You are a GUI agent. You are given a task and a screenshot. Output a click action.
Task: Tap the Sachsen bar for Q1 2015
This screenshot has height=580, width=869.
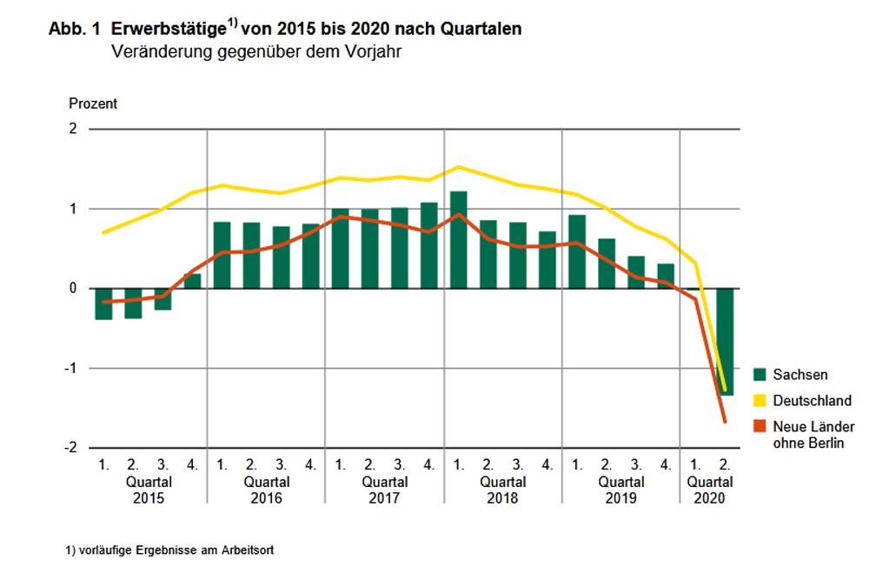click(x=104, y=303)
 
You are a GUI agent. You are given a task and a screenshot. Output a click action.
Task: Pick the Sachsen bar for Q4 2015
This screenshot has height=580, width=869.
click(x=192, y=281)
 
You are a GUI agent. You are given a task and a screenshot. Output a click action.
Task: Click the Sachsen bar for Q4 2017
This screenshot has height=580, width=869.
click(x=429, y=245)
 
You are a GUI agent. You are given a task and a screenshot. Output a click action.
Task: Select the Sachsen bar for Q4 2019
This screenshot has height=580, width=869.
click(x=666, y=276)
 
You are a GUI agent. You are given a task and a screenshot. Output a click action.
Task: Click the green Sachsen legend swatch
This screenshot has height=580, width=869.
click(x=760, y=375)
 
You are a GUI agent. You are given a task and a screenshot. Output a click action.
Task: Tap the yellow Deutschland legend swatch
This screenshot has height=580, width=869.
click(x=760, y=401)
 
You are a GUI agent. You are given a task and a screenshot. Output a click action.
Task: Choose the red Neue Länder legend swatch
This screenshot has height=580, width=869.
click(x=760, y=427)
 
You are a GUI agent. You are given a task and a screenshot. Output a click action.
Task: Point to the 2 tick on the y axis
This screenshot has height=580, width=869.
click(x=73, y=130)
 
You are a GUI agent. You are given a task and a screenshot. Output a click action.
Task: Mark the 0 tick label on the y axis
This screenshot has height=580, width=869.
click(x=73, y=289)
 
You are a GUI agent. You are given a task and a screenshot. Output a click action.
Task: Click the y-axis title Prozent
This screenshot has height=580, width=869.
click(x=93, y=103)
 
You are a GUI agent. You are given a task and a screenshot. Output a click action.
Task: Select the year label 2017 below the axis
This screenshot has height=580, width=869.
click(x=385, y=498)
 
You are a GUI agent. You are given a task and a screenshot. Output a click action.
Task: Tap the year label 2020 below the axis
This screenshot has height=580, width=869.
click(x=710, y=498)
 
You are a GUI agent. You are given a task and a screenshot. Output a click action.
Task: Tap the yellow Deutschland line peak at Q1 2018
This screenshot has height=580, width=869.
click(x=459, y=167)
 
